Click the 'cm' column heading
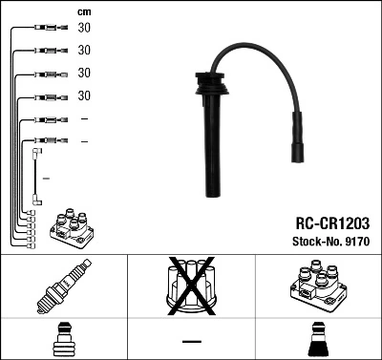click(84, 11)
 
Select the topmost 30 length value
click(84, 28)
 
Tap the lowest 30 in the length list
click(84, 95)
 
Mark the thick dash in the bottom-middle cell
click(190, 341)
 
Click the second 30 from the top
click(84, 50)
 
